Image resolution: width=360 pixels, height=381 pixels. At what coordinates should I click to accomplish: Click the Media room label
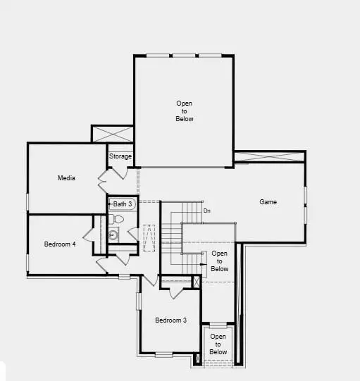click(66, 178)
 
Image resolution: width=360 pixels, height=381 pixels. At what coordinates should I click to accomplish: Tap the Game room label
click(268, 202)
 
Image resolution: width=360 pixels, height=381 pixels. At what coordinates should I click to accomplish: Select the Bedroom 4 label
click(60, 244)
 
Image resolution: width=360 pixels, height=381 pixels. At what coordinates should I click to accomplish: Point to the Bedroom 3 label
click(171, 320)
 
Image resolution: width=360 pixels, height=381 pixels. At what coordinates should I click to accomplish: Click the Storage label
click(120, 156)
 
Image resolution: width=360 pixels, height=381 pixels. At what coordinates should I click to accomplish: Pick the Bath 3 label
click(123, 204)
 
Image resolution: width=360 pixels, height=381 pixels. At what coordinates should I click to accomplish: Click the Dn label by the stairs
click(207, 211)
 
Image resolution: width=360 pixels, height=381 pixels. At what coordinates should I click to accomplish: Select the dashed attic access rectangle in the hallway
click(149, 237)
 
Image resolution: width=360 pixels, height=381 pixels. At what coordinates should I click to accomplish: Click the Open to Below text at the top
click(185, 111)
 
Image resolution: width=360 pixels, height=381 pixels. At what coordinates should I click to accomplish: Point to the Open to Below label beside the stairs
click(220, 261)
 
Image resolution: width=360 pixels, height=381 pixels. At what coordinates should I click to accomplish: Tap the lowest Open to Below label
click(218, 344)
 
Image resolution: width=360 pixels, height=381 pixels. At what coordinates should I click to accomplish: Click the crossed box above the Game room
click(270, 156)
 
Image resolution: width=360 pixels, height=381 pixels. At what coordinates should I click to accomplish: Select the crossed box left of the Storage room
click(113, 135)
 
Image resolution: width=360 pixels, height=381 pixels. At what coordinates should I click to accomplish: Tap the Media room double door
click(102, 181)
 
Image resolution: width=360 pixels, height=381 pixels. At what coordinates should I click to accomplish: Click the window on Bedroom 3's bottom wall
click(163, 354)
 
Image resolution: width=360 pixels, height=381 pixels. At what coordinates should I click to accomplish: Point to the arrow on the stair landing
click(204, 266)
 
